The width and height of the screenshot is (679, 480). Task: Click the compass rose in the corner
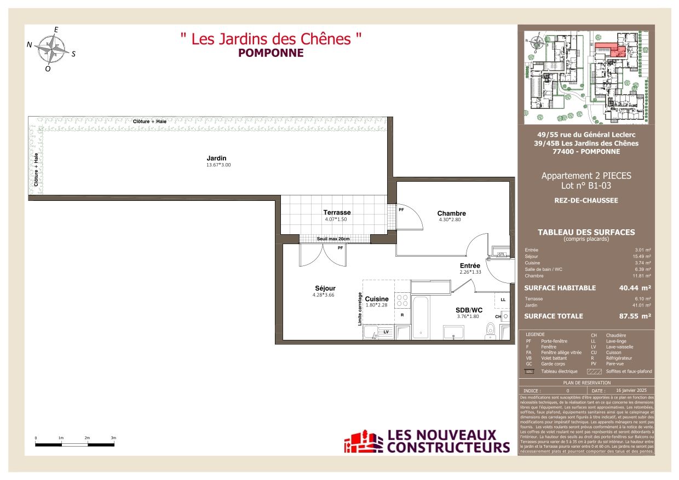point(51,49)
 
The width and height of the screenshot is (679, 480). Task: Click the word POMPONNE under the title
point(271,53)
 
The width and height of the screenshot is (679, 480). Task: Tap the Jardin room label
point(216,158)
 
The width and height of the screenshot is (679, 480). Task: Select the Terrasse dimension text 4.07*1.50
point(336,219)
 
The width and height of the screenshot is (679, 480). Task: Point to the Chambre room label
point(451,213)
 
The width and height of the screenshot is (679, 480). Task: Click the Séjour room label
point(325,288)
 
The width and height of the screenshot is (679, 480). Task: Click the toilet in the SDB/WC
point(491,330)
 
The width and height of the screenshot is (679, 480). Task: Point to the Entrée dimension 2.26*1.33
point(470,272)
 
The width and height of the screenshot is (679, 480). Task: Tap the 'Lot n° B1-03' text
point(586,186)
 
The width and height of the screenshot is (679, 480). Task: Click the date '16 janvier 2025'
point(631,390)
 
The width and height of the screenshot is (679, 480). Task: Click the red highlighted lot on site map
point(609,49)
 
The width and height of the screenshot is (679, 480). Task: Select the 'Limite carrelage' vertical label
point(360,309)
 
